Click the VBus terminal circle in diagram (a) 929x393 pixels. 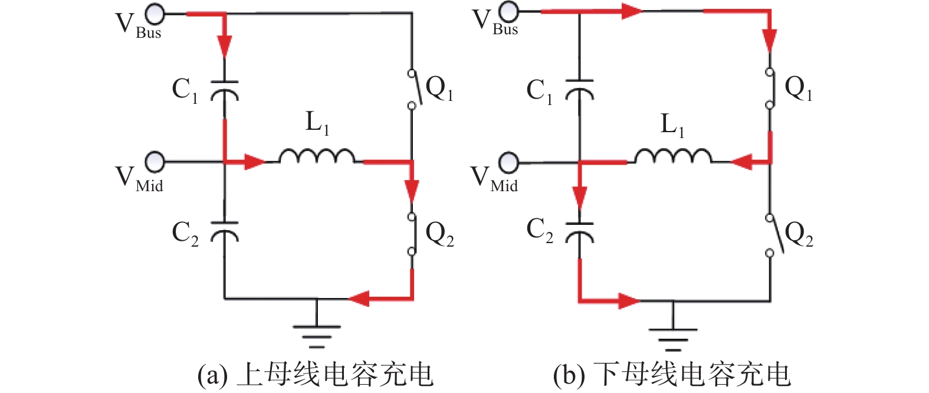(x=155, y=13)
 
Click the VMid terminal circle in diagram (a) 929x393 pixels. (x=155, y=161)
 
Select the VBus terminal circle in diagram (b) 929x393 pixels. (x=508, y=11)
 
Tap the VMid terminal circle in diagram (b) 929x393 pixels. (x=508, y=162)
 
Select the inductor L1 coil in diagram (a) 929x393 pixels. (x=317, y=156)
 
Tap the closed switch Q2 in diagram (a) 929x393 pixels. (x=412, y=234)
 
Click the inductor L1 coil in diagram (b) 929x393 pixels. (x=672, y=156)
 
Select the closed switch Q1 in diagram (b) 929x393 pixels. (x=770, y=89)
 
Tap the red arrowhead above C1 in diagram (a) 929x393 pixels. (x=224, y=45)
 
